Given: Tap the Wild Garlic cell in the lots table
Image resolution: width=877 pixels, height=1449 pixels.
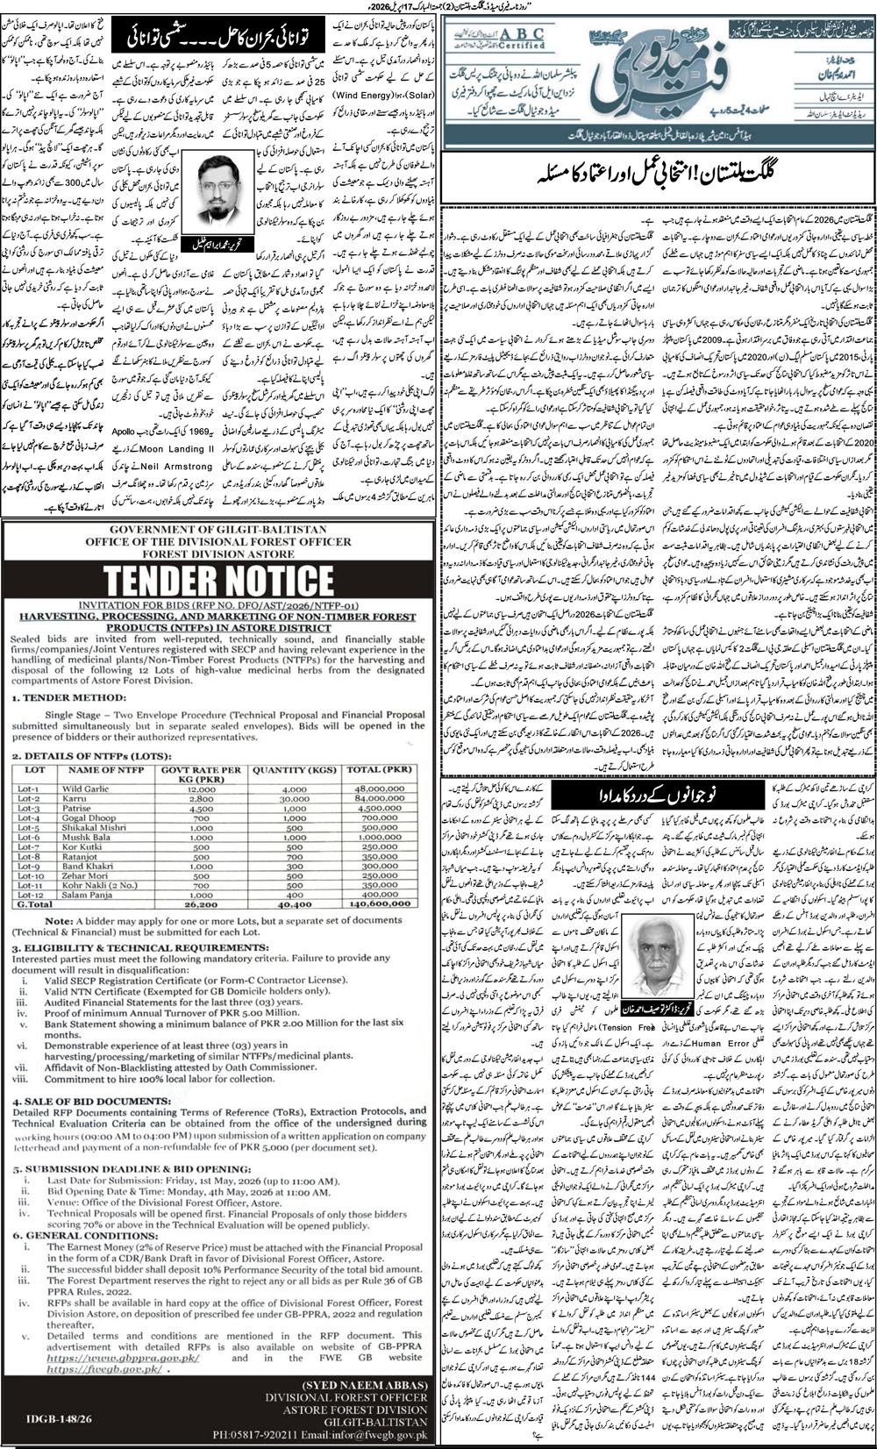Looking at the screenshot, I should [x=85, y=789].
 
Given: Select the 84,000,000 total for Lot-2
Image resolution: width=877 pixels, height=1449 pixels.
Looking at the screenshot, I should [x=379, y=799].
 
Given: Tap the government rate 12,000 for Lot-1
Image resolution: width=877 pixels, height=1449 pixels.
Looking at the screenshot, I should [x=201, y=789].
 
